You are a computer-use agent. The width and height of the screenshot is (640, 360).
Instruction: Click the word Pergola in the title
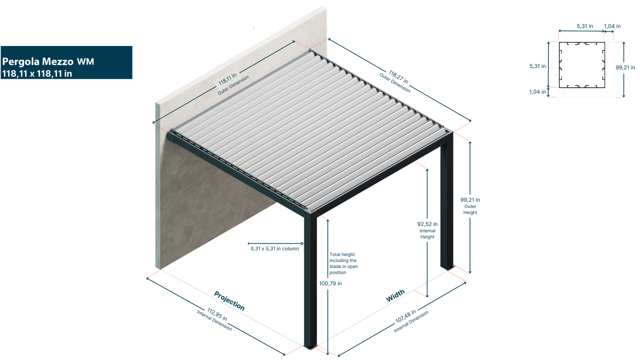tap(20, 62)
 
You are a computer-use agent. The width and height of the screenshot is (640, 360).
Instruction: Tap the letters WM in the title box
tap(86, 62)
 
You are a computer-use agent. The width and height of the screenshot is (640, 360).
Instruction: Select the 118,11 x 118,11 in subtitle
tap(37, 74)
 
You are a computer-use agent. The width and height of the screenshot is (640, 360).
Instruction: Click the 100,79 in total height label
tap(330, 284)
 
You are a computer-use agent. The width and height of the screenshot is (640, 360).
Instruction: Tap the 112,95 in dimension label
tap(217, 314)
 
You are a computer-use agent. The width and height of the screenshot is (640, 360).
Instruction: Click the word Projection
tap(229, 300)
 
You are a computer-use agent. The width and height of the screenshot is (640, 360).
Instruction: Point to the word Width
tap(395, 296)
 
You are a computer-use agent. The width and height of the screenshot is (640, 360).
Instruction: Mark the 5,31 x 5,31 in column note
tap(274, 249)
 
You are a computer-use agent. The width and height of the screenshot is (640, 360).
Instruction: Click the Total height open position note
tap(343, 263)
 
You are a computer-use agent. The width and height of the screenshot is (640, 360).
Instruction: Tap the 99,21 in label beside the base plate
tap(625, 68)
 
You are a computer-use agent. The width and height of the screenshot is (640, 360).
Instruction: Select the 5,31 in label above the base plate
tap(584, 26)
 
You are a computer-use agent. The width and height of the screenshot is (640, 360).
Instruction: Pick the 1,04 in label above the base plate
tap(612, 26)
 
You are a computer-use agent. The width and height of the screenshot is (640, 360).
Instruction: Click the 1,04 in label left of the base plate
tap(537, 92)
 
